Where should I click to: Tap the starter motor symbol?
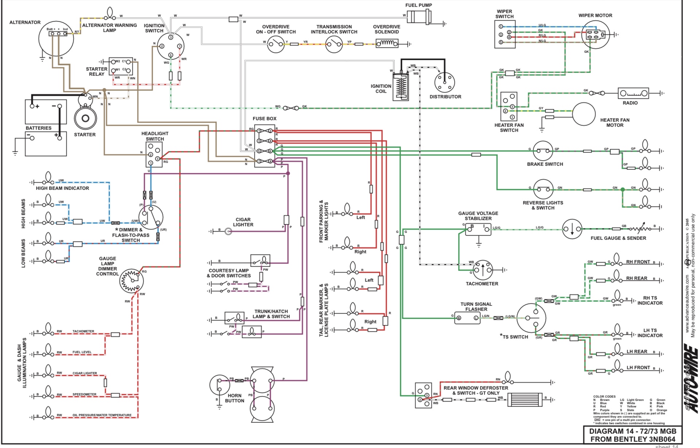[86, 118]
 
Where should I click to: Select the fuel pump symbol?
[419, 17]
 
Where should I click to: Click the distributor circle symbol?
[445, 82]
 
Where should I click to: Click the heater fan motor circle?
[583, 114]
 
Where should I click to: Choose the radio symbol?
[633, 93]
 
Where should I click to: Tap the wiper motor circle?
[595, 35]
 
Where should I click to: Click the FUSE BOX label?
[265, 119]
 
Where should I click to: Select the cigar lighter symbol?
[228, 231]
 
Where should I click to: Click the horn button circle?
[220, 385]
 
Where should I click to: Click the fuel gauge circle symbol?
[572, 229]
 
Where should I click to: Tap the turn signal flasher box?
[468, 318]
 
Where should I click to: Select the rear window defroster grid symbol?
[524, 399]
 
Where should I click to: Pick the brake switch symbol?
[543, 151]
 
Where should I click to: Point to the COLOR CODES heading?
[604, 397]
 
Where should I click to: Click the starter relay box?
[121, 66]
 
